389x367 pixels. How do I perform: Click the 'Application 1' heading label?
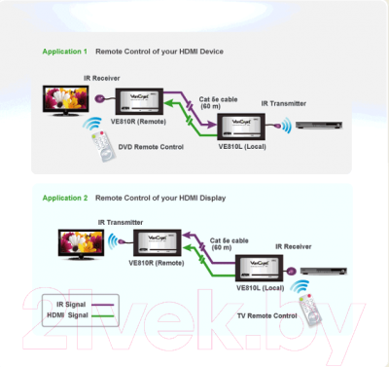point(64,51)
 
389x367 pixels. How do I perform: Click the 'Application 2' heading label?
point(64,198)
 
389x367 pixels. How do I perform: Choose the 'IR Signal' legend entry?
point(57,305)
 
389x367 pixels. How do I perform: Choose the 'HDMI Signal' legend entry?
point(59,316)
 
